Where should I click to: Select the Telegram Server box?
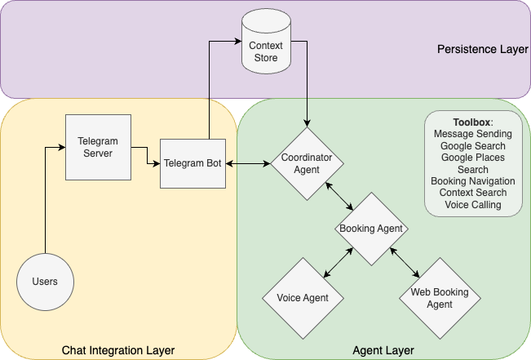tap(98, 148)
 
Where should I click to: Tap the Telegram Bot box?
tap(192, 164)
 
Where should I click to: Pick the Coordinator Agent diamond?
tap(307, 163)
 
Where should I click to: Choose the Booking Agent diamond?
tap(371, 229)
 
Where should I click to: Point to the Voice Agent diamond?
tap(303, 298)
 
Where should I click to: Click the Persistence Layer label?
tap(482, 50)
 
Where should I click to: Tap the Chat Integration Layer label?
tap(118, 350)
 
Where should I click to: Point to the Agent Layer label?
tap(383, 350)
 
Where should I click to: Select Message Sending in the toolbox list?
tap(473, 133)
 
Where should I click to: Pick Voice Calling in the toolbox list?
tap(473, 205)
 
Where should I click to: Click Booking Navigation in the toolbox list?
tap(473, 181)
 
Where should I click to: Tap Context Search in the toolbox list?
tap(473, 193)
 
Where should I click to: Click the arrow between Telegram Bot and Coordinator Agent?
tap(248, 164)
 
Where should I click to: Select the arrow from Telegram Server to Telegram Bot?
tap(146, 155)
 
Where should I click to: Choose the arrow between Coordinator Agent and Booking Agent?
tap(339, 196)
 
